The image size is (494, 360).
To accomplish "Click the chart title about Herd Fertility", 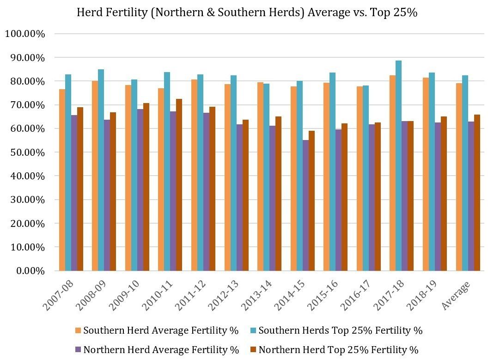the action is [x=247, y=12].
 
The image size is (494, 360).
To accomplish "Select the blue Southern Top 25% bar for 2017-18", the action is [x=398, y=165].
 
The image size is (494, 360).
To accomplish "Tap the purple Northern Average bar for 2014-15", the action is [x=305, y=205].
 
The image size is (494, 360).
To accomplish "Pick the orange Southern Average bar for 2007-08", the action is [x=62, y=180].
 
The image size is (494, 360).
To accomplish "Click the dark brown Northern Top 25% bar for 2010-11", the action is [x=179, y=185].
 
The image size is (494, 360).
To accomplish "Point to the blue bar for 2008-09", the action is [x=101, y=170].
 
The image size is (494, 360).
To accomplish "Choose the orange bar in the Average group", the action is [x=459, y=177].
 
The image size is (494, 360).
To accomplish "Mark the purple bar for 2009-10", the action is [x=140, y=190].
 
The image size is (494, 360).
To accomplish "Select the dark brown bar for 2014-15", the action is [x=311, y=201].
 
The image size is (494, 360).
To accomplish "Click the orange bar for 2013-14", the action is [x=261, y=177].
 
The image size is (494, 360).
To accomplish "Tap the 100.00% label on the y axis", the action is [x=25, y=34].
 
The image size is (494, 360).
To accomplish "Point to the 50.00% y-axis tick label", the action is [x=27, y=153].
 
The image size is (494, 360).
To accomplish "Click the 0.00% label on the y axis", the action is [x=30, y=271].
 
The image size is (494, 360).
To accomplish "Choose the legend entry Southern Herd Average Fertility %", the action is [x=157, y=330].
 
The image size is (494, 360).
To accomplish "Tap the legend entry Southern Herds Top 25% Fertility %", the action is [x=336, y=330].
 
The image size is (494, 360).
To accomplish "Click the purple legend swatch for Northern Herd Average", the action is [x=78, y=350].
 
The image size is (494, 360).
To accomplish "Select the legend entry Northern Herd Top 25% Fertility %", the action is [x=335, y=350].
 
